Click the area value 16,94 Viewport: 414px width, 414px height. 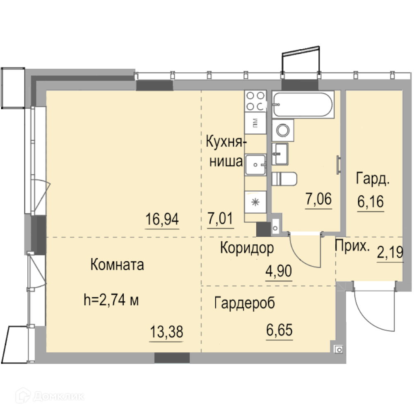[x=162, y=219]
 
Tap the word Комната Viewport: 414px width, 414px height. [x=117, y=265]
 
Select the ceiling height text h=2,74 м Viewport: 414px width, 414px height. [x=111, y=300]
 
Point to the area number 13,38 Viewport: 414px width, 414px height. [x=166, y=332]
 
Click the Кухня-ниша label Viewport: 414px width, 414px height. [x=226, y=151]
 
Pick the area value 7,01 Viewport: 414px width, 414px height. [x=220, y=218]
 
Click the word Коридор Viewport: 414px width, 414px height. [x=247, y=248]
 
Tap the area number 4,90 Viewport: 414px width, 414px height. [x=279, y=271]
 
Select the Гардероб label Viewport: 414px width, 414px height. [x=245, y=303]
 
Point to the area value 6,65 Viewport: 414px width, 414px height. [x=279, y=330]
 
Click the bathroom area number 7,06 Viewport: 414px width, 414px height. [x=318, y=199]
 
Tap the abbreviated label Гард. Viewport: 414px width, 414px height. [x=373, y=179]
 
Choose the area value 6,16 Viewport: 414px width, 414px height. [x=371, y=202]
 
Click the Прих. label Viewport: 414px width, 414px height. [x=352, y=246]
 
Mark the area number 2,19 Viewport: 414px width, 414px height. [x=390, y=252]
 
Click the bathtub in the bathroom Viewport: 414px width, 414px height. [x=303, y=104]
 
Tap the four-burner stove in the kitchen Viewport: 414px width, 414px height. [x=255, y=101]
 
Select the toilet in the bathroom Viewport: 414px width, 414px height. [x=284, y=179]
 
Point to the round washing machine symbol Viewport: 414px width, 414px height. [x=283, y=130]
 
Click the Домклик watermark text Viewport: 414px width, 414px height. [x=59, y=396]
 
